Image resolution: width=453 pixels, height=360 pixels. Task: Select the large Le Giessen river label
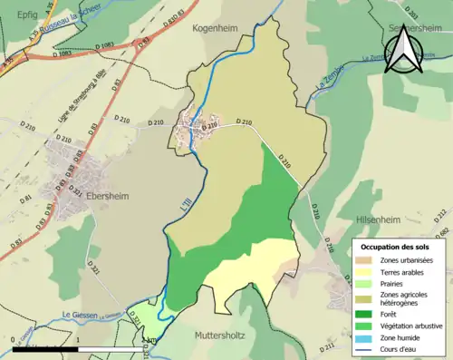click(79, 316)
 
